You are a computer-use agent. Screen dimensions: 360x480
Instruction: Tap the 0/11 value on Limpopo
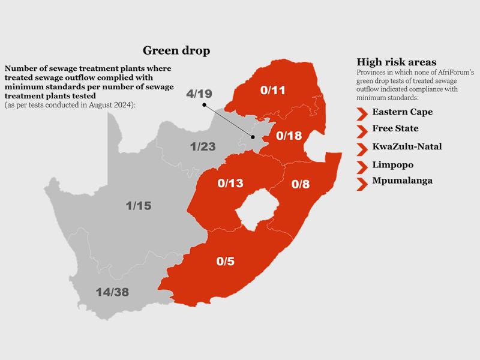pos(273,92)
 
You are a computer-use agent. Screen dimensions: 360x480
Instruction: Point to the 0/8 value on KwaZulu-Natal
pos(301,185)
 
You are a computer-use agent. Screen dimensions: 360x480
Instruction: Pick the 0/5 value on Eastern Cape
pos(227,262)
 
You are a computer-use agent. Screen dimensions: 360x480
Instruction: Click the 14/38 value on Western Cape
pos(114,292)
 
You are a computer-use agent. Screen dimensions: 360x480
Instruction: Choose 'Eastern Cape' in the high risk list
pos(402,112)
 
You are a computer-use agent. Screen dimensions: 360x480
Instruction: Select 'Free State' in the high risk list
pos(395,129)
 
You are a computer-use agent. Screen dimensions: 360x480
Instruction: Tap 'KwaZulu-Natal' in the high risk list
pos(407,146)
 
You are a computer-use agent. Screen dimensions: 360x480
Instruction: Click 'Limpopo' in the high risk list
pos(392,164)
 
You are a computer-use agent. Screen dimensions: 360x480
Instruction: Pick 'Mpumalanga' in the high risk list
pos(401,181)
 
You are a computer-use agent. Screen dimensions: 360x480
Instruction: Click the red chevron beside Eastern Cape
pos(362,113)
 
